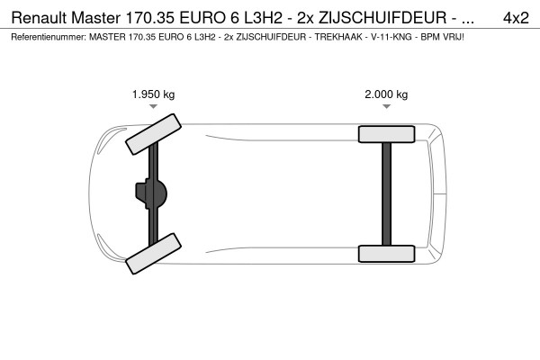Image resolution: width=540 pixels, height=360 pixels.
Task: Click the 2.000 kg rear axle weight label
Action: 386,94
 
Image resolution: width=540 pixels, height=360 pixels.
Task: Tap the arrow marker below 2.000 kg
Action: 386,107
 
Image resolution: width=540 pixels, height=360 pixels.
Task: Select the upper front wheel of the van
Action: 150,132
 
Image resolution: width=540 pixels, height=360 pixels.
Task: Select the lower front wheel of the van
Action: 150,256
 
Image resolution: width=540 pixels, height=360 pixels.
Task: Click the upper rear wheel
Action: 385,134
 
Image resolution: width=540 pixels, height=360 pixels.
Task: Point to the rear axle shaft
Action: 386,193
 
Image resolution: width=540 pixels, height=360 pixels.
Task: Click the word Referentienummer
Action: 46,38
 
